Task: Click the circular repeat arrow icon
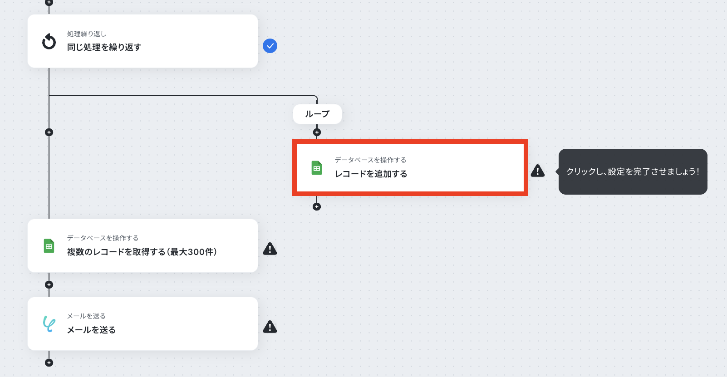pyautogui.click(x=49, y=41)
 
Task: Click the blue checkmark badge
pyautogui.click(x=270, y=46)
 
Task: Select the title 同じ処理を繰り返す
pyautogui.click(x=104, y=47)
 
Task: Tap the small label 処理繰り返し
pyautogui.click(x=86, y=34)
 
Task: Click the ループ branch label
pyautogui.click(x=317, y=114)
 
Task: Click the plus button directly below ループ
pyautogui.click(x=317, y=132)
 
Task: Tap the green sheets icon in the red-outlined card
pyautogui.click(x=317, y=168)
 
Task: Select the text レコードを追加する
pyautogui.click(x=371, y=174)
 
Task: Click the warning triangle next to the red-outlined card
pyautogui.click(x=538, y=171)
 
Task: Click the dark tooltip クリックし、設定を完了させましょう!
pyautogui.click(x=633, y=171)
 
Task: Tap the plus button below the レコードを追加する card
pyautogui.click(x=317, y=207)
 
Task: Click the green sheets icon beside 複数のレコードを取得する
pyautogui.click(x=49, y=246)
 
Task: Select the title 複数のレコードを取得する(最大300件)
pyautogui.click(x=142, y=252)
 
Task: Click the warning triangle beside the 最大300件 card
pyautogui.click(x=270, y=249)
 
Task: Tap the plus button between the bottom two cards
pyautogui.click(x=49, y=285)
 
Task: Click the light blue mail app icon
pyautogui.click(x=49, y=324)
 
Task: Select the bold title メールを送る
pyautogui.click(x=91, y=330)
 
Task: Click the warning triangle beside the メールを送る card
pyautogui.click(x=270, y=327)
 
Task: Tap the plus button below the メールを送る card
pyautogui.click(x=49, y=363)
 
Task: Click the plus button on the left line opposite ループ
pyautogui.click(x=49, y=132)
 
